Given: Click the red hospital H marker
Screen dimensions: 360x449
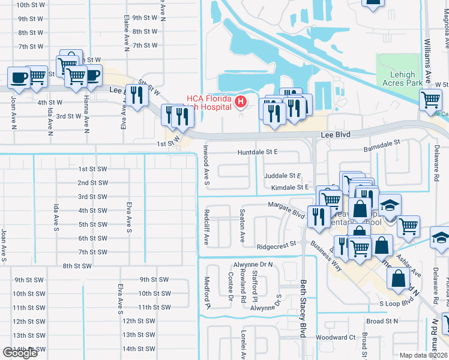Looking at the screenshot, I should (241, 102).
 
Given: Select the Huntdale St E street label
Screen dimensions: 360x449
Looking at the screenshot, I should (258, 152).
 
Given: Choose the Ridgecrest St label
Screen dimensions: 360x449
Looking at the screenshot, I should (277, 245).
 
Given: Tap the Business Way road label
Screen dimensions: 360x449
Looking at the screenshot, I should (326, 256).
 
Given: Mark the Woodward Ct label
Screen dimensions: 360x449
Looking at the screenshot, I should (336, 337).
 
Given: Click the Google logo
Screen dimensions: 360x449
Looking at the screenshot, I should (20, 353).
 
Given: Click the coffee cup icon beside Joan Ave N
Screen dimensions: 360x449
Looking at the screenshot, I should (18, 78).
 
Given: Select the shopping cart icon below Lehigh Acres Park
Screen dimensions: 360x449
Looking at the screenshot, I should (431, 100).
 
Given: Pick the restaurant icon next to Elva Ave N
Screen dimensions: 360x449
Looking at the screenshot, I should (137, 95).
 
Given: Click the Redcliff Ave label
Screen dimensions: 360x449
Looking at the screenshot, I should (205, 227).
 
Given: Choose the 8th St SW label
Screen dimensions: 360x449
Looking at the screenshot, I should (78, 266).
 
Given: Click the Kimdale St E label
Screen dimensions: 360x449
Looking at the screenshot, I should (289, 188).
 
